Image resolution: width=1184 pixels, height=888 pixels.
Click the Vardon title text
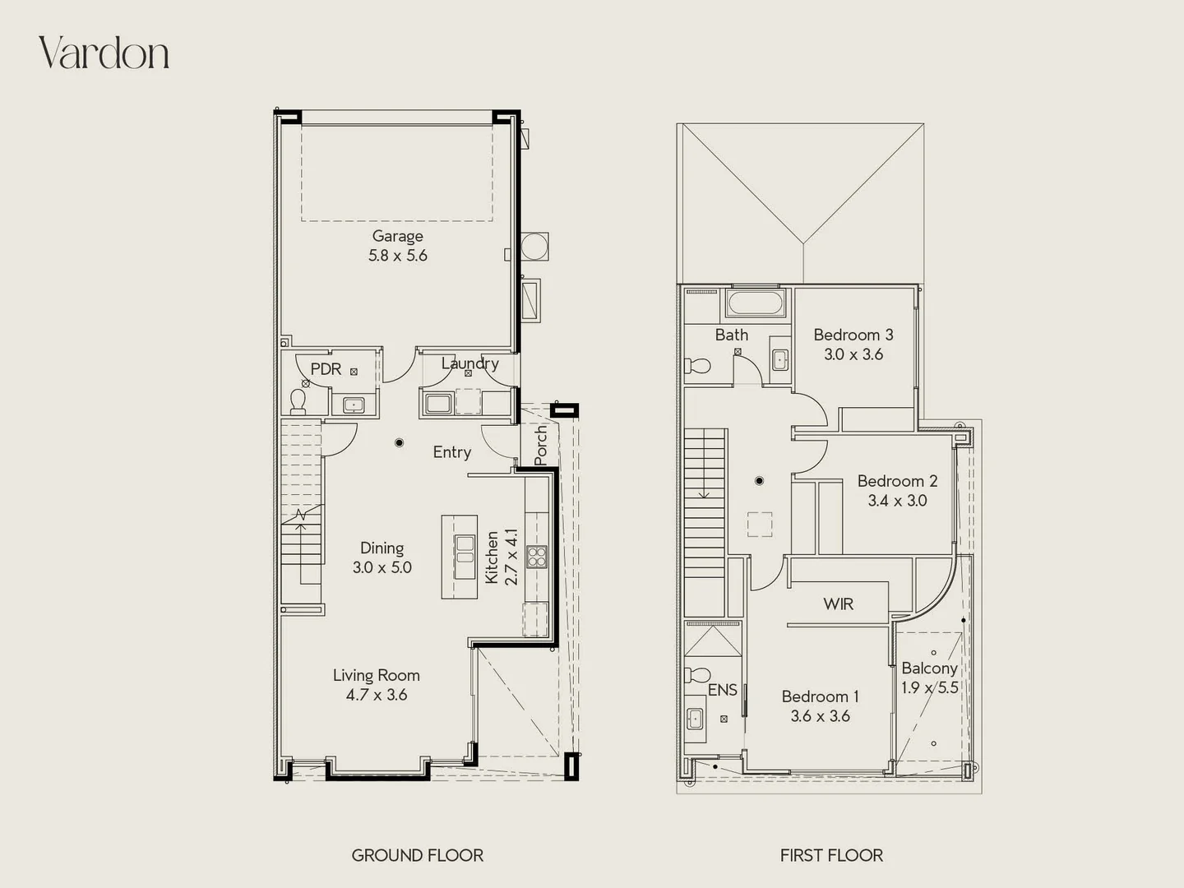pyautogui.click(x=104, y=53)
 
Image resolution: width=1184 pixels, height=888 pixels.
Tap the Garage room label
pyautogui.click(x=397, y=236)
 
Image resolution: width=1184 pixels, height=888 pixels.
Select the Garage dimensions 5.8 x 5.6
pyautogui.click(x=397, y=256)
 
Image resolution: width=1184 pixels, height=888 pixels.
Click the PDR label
pyautogui.click(x=326, y=369)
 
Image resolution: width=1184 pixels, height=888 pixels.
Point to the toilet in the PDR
pyautogui.click(x=298, y=400)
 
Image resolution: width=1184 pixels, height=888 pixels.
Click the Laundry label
pyautogui.click(x=469, y=363)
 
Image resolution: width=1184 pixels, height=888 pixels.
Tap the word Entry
pyautogui.click(x=451, y=452)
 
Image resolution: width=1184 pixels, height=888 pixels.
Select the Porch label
pyautogui.click(x=540, y=445)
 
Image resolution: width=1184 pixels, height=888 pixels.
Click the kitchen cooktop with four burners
pyautogui.click(x=537, y=557)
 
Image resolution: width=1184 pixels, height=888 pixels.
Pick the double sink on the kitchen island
pyautogui.click(x=465, y=550)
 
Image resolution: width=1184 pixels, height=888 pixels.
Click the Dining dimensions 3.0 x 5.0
pyautogui.click(x=382, y=567)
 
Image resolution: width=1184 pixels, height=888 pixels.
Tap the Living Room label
pyautogui.click(x=376, y=675)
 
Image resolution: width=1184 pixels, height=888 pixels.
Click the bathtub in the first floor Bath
pyautogui.click(x=755, y=303)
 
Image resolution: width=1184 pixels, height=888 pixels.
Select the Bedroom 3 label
pyautogui.click(x=853, y=335)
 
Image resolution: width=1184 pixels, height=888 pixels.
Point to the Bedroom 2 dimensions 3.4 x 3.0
pyautogui.click(x=897, y=501)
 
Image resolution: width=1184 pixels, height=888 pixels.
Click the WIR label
pyautogui.click(x=838, y=604)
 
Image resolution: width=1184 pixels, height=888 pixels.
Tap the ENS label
pyautogui.click(x=722, y=690)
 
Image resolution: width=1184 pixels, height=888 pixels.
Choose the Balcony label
pyautogui.click(x=929, y=668)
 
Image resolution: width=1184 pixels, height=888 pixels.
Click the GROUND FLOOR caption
pyautogui.click(x=417, y=855)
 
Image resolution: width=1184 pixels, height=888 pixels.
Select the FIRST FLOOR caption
pyautogui.click(x=831, y=855)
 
